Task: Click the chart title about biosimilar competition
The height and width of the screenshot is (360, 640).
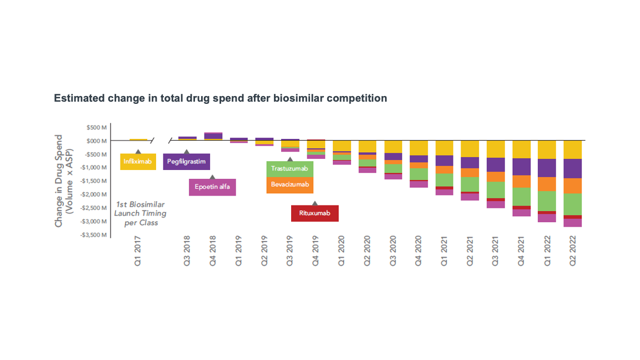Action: (x=220, y=98)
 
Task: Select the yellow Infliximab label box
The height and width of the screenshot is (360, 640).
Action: (x=138, y=162)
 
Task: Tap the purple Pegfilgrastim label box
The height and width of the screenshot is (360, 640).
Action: (x=187, y=162)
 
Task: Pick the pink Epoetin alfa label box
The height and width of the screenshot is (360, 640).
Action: (x=212, y=187)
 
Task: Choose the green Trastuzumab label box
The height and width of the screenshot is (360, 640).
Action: (x=289, y=168)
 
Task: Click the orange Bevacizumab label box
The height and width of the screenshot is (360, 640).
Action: (x=289, y=184)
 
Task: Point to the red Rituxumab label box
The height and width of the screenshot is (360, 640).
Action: (x=314, y=213)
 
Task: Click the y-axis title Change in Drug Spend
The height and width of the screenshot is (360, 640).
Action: (x=63, y=181)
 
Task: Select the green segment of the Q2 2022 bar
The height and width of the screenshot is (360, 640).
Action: (x=573, y=204)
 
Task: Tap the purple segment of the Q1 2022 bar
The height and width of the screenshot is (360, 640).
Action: (x=547, y=168)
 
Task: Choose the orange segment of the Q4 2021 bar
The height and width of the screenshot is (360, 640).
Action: (x=521, y=181)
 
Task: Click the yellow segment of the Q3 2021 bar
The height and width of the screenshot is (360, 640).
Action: (x=496, y=149)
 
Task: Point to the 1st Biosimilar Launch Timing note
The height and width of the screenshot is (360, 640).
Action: (x=140, y=213)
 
